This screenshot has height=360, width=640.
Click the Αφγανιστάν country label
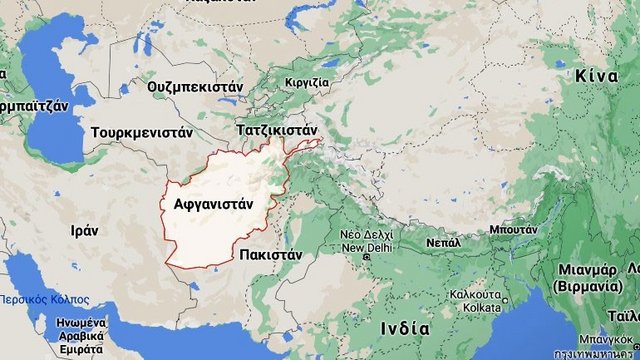[214, 203]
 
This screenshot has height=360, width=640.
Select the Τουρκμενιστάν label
[141, 132]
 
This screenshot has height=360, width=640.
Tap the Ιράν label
[84, 229]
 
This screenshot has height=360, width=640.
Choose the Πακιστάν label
[271, 255]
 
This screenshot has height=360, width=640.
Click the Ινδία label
[406, 328]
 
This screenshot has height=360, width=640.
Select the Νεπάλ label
[442, 242]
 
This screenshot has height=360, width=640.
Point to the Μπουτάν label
[511, 229]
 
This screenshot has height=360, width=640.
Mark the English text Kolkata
[474, 307]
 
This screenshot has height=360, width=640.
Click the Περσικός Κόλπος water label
[44, 300]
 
